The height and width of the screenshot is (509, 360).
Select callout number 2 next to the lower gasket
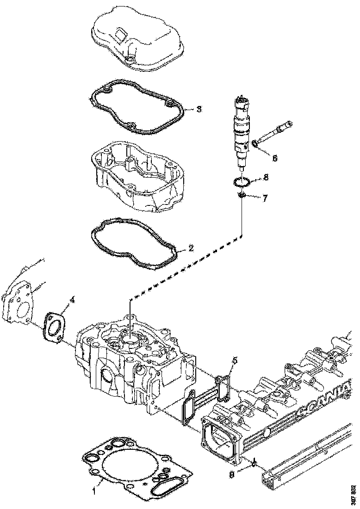pyautogui.click(x=191, y=248)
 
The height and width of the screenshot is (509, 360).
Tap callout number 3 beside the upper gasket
pyautogui.click(x=199, y=109)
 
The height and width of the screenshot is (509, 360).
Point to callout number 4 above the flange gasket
pyautogui.click(x=72, y=299)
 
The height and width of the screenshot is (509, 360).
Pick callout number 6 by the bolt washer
pyautogui.click(x=274, y=158)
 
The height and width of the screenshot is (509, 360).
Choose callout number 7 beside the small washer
pyautogui.click(x=265, y=198)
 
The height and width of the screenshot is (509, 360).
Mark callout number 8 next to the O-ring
pyautogui.click(x=266, y=177)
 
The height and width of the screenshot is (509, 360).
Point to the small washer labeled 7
pyautogui.click(x=240, y=197)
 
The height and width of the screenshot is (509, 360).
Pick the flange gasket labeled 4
pyautogui.click(x=54, y=328)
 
